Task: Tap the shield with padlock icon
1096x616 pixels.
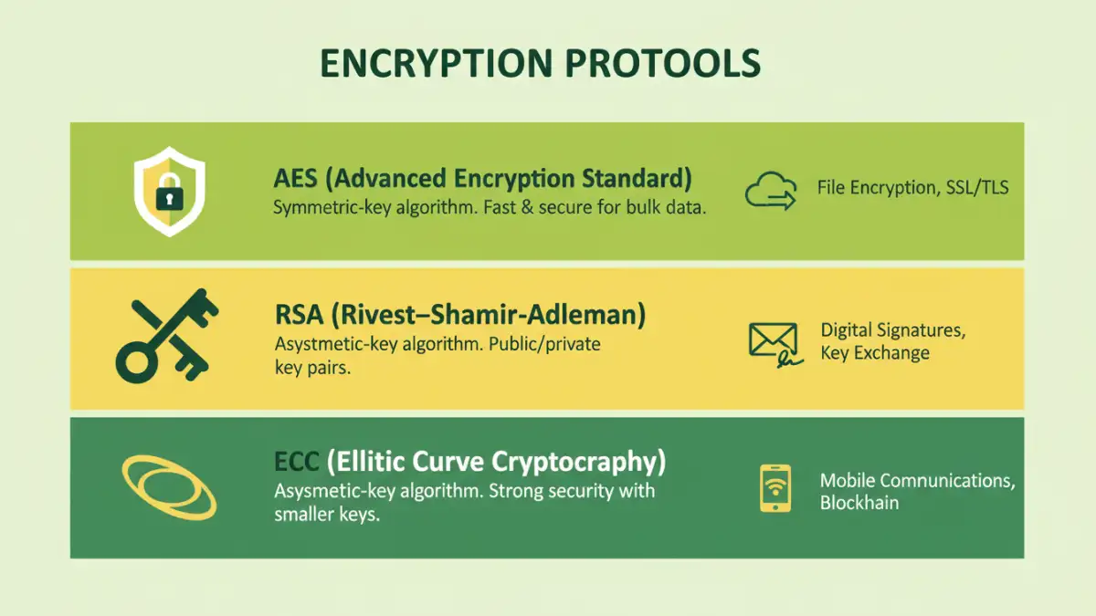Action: coord(169,192)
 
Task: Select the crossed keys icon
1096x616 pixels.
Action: coord(167,335)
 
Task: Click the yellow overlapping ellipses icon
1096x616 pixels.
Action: coord(169,487)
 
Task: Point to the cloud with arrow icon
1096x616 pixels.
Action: coord(771,191)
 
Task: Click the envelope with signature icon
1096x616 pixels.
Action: coord(774,343)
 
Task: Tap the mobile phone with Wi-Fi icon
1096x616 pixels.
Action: coord(775,488)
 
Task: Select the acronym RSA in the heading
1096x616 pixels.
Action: coord(298,316)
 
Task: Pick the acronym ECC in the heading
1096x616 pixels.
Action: coord(298,462)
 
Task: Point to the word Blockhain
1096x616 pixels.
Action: coord(859,503)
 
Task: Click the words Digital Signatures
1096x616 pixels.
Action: coord(892,330)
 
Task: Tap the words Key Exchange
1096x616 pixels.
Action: coord(874,353)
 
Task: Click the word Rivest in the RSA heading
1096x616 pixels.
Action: coord(374,316)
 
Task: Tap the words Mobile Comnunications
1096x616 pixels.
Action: coord(916,480)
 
